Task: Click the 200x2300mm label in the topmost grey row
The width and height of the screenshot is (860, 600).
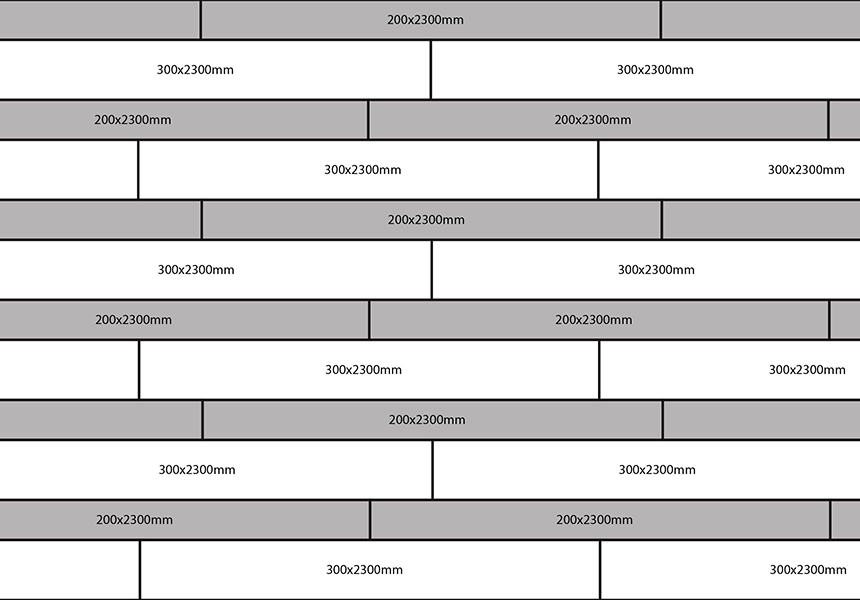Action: pyautogui.click(x=425, y=20)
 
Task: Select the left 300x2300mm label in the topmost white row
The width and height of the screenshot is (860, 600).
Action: pyautogui.click(x=195, y=70)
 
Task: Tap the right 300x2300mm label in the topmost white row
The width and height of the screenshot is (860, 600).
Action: pyautogui.click(x=655, y=70)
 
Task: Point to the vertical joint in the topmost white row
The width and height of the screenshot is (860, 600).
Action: pyautogui.click(x=431, y=70)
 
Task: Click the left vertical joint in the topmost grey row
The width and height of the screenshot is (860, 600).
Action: pyautogui.click(x=201, y=20)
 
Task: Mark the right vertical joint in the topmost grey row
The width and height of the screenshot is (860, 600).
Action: pyautogui.click(x=661, y=20)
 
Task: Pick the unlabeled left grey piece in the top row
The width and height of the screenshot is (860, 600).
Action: pyautogui.click(x=99, y=20)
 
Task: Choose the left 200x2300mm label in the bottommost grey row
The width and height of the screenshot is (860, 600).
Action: pyautogui.click(x=134, y=519)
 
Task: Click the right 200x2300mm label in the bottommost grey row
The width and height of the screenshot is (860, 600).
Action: pyautogui.click(x=595, y=519)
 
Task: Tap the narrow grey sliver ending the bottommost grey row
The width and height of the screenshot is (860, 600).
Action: pyautogui.click(x=846, y=519)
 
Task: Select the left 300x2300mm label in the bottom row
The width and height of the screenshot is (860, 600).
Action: pyautogui.click(x=365, y=570)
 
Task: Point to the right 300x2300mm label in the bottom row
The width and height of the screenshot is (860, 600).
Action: pyautogui.click(x=808, y=570)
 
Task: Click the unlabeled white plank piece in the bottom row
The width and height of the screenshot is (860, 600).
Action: pyautogui.click(x=69, y=570)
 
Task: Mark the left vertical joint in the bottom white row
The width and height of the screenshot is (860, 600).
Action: pyautogui.click(x=140, y=570)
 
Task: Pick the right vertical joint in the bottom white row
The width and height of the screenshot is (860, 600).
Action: pyautogui.click(x=600, y=570)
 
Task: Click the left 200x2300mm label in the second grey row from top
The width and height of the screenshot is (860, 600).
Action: pyautogui.click(x=133, y=120)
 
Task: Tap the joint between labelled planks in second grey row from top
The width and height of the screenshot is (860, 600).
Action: pyautogui.click(x=368, y=120)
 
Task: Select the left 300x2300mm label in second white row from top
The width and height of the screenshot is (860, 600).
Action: pyautogui.click(x=363, y=169)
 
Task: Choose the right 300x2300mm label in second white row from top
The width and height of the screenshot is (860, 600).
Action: pyautogui.click(x=806, y=169)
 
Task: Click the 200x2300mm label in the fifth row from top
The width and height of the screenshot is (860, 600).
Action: pyautogui.click(x=426, y=219)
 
